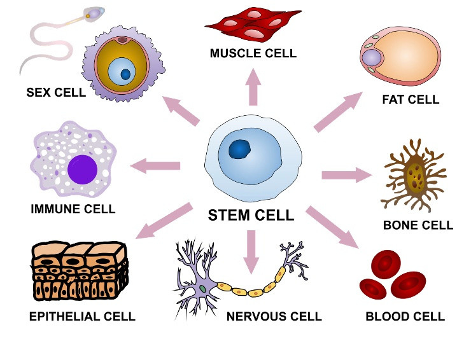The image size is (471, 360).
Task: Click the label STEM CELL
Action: pyautogui.click(x=251, y=216)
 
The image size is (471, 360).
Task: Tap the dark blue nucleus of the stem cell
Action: pyautogui.click(x=240, y=149)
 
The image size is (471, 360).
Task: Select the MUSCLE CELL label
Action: pyautogui.click(x=253, y=53)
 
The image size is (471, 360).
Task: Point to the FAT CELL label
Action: pyautogui.click(x=411, y=100)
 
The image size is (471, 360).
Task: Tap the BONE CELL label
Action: pyautogui.click(x=418, y=225)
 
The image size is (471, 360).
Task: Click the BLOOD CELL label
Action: pyautogui.click(x=405, y=317)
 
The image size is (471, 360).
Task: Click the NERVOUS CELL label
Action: pyautogui.click(x=274, y=317)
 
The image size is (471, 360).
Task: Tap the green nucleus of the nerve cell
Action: pyautogui.click(x=202, y=289)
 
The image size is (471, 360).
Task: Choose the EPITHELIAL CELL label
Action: pyautogui.click(x=82, y=316)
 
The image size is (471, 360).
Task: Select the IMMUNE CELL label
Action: pyautogui.click(x=73, y=209)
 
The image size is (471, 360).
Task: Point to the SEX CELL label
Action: pyautogui.click(x=56, y=92)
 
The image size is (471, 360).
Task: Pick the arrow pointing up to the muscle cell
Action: pyautogui.click(x=253, y=86)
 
